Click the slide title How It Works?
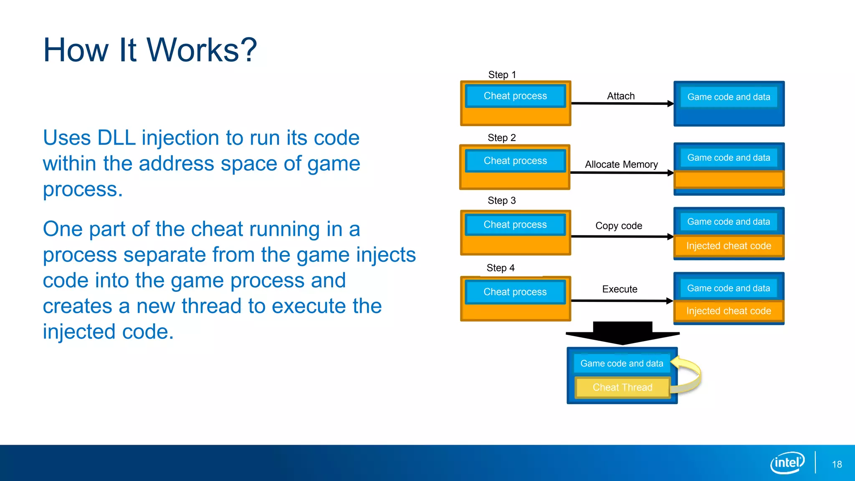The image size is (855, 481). (150, 50)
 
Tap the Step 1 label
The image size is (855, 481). (502, 75)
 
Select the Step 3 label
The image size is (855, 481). (502, 201)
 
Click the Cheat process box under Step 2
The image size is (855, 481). (515, 161)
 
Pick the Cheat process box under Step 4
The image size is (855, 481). (515, 292)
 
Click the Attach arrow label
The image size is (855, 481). (621, 96)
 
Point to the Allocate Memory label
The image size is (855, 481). (621, 165)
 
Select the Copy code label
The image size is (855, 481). (619, 226)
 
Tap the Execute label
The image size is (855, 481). (620, 289)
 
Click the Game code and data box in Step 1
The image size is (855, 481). (729, 97)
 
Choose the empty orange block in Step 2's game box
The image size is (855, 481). (729, 180)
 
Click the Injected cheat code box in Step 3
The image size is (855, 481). (729, 246)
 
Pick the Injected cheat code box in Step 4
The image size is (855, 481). (729, 311)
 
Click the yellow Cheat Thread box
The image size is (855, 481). (622, 387)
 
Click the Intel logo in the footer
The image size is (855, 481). (787, 463)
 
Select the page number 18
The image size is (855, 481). (837, 464)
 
